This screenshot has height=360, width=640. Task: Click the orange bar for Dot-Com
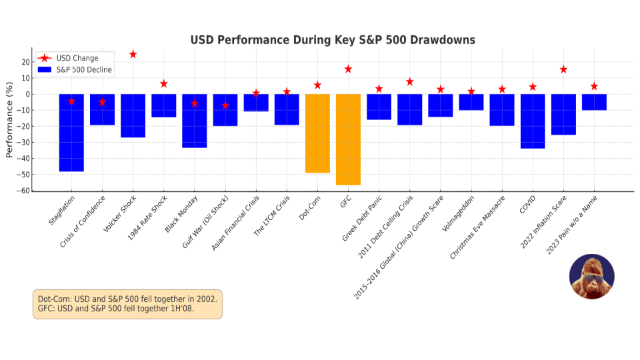click(x=317, y=133)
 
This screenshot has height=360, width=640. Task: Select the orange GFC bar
click(x=348, y=139)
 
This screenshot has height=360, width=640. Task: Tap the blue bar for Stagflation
click(x=71, y=133)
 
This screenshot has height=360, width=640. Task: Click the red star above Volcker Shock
click(x=133, y=55)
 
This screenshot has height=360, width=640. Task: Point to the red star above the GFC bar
click(x=348, y=69)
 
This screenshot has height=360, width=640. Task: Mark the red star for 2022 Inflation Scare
click(x=563, y=69)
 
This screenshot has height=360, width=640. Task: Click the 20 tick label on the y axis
click(x=25, y=62)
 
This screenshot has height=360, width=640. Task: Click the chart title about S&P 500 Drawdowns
click(x=333, y=40)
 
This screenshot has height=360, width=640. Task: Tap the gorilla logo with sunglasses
click(x=591, y=276)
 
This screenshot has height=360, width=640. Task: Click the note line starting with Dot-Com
click(x=127, y=299)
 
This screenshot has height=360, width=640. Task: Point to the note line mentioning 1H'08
click(x=116, y=309)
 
